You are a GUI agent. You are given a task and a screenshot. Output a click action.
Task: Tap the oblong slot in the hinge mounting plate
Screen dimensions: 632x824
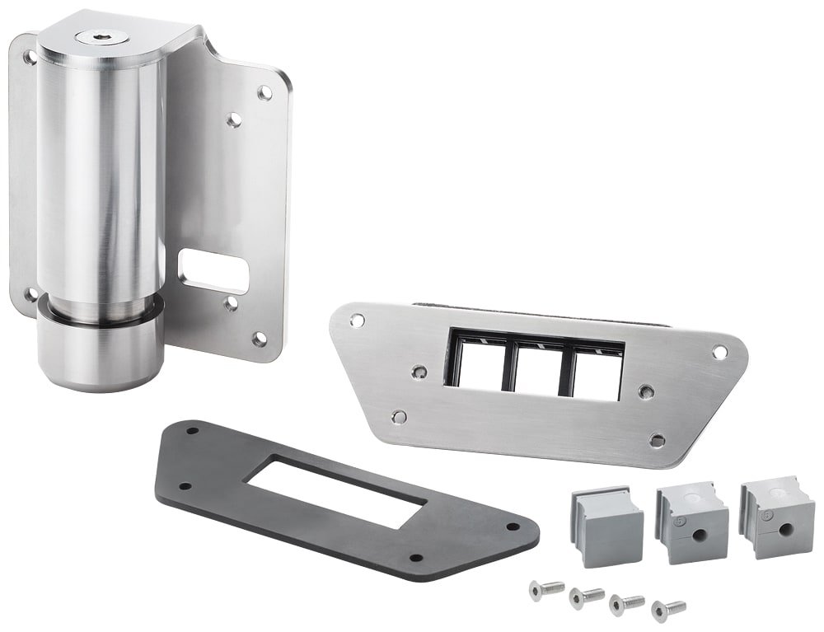coord(213,272)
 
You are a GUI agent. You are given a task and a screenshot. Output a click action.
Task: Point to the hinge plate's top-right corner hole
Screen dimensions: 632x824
coord(265,92)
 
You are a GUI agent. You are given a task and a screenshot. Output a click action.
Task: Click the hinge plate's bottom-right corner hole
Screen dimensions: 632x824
coord(259,339)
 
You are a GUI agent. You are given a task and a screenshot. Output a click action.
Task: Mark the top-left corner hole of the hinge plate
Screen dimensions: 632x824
coord(29,58)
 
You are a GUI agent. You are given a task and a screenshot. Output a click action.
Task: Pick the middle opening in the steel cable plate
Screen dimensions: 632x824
coord(536,367)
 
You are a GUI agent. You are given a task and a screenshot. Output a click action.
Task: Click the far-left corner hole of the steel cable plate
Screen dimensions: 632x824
coord(356,320)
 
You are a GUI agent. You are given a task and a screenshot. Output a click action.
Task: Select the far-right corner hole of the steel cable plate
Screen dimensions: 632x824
coord(719,352)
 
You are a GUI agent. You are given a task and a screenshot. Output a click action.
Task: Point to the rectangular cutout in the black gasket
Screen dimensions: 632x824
coord(338,493)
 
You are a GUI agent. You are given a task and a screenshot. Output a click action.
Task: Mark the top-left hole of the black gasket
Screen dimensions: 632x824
coord(193,429)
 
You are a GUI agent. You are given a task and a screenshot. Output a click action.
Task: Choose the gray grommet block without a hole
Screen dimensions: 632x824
coord(606,527)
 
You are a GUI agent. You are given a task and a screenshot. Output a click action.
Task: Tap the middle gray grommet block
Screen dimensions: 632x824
coord(693,524)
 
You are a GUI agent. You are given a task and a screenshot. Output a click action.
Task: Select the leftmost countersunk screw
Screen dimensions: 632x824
coord(546,589)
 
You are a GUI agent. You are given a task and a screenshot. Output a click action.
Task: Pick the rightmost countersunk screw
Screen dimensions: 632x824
coord(668,610)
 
